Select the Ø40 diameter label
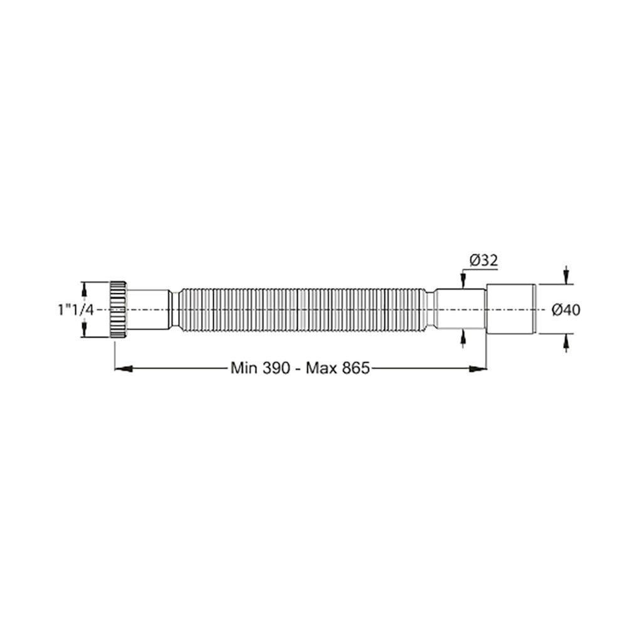[566, 309]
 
